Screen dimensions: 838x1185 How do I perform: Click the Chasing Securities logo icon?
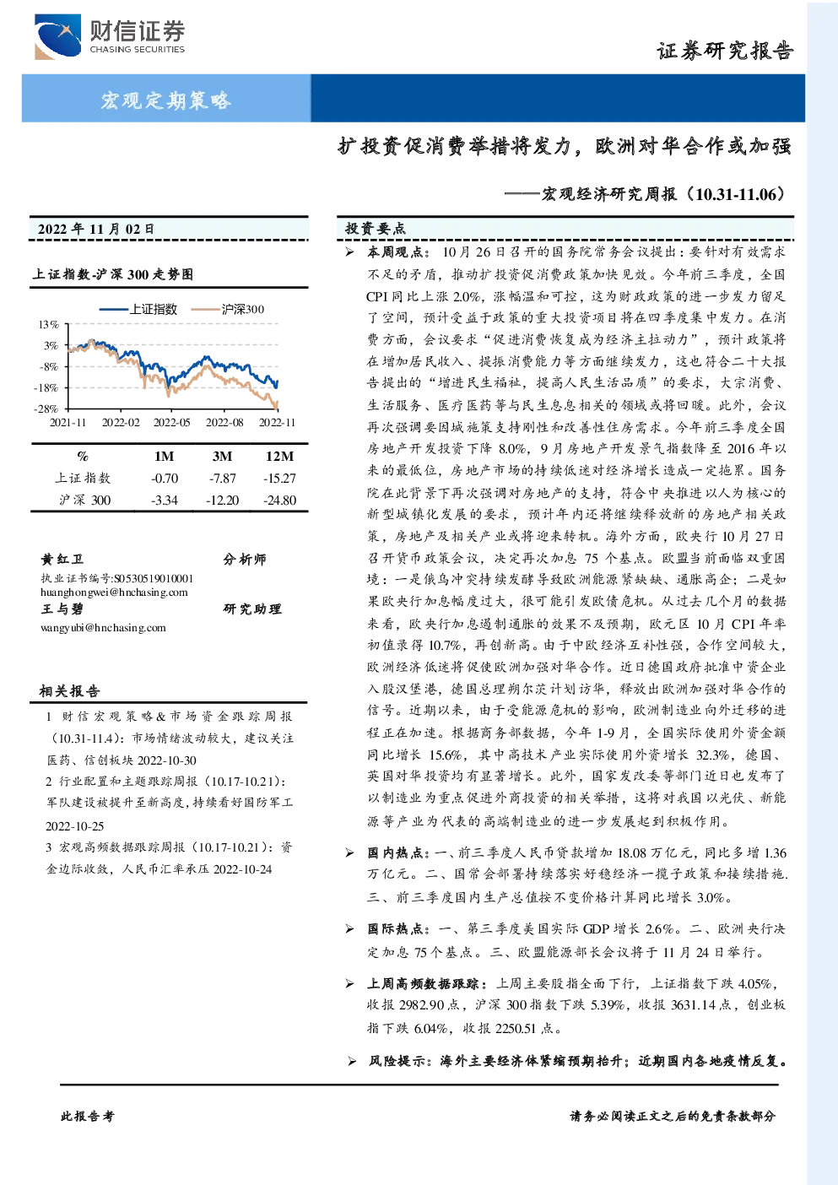click(57, 36)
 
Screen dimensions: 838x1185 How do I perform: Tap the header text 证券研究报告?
click(725, 51)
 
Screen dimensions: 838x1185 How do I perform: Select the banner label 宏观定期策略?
click(166, 100)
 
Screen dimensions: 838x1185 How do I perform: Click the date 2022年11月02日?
click(95, 229)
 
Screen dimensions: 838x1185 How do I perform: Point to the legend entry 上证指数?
click(138, 309)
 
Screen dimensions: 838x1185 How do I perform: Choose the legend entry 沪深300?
click(228, 309)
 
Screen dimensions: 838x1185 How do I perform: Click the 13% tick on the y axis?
click(49, 324)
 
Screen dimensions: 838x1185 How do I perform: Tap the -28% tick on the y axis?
click(46, 409)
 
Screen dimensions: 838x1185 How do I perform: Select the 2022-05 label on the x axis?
click(171, 422)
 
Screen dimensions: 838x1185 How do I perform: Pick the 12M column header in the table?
click(280, 456)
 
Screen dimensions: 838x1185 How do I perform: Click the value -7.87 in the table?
click(223, 479)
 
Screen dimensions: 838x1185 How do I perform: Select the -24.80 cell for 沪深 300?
click(280, 500)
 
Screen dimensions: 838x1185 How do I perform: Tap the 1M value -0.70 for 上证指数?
click(165, 479)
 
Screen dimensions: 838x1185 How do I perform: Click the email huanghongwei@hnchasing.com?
click(114, 592)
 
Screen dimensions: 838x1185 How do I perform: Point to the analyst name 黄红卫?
click(62, 560)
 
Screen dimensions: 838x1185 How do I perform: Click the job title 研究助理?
click(252, 609)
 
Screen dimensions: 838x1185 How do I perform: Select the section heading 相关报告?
click(69, 691)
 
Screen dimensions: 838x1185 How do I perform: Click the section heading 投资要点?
click(375, 229)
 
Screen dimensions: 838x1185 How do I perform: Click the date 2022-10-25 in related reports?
click(74, 826)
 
